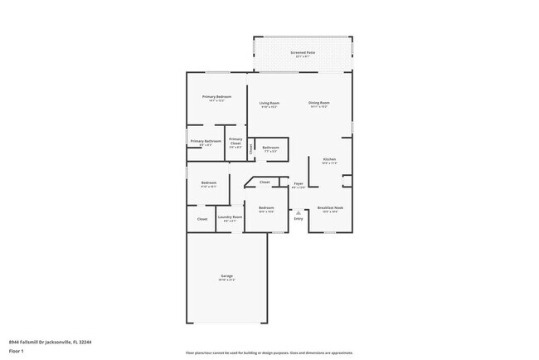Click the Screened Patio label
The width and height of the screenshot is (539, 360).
pyautogui.click(x=303, y=52)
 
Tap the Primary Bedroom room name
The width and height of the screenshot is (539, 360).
pyautogui.click(x=217, y=97)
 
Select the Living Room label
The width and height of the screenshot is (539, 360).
pyautogui.click(x=269, y=103)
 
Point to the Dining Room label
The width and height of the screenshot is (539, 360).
pyautogui.click(x=319, y=103)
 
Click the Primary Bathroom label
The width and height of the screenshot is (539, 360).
pyautogui.click(x=206, y=141)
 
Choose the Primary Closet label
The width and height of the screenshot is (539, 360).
pyautogui.click(x=236, y=141)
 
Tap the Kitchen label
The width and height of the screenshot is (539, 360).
pyautogui.click(x=329, y=159)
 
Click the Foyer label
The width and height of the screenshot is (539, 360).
pyautogui.click(x=299, y=183)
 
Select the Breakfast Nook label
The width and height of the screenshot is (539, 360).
pyautogui.click(x=329, y=208)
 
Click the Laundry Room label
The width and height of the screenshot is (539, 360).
pyautogui.click(x=230, y=217)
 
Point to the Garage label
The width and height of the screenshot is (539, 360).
pyautogui.click(x=226, y=275)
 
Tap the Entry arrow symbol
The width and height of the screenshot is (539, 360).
pyautogui.click(x=299, y=212)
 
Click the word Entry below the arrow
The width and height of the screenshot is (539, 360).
pyautogui.click(x=299, y=219)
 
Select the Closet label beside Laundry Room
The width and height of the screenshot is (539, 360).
pyautogui.click(x=202, y=219)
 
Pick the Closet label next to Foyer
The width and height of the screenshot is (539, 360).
pyautogui.click(x=265, y=182)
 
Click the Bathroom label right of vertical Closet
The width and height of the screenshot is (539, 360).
pyautogui.click(x=271, y=148)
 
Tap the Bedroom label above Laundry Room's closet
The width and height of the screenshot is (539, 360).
pyautogui.click(x=209, y=182)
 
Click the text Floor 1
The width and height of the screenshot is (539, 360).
pyautogui.click(x=17, y=352)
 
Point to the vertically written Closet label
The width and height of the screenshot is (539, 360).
pyautogui.click(x=251, y=148)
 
